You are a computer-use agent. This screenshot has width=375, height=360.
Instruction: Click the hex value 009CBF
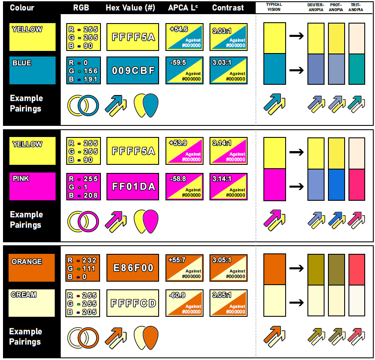point(133,71)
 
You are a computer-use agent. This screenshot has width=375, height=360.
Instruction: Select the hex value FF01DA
point(133,187)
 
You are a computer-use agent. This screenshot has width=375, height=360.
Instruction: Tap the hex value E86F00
point(133,268)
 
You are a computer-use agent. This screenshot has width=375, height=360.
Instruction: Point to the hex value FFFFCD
point(133,303)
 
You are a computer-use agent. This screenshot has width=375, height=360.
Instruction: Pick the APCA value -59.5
point(178,63)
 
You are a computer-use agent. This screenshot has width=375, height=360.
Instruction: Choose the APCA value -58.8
point(178,179)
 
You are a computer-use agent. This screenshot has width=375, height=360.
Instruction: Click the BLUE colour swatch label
point(22,63)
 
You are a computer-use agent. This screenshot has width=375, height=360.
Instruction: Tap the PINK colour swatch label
point(21,179)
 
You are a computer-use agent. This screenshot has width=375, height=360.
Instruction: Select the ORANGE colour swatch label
point(27,262)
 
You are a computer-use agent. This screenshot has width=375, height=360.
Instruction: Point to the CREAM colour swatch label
point(24,295)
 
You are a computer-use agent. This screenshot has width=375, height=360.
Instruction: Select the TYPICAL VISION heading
point(274,7)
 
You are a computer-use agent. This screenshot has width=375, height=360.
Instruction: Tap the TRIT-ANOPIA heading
point(356,7)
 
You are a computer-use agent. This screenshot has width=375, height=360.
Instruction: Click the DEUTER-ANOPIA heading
point(316,7)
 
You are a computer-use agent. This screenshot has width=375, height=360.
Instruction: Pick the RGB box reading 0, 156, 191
point(83,71)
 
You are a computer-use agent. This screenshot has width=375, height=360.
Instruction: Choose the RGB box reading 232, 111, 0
point(83,268)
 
